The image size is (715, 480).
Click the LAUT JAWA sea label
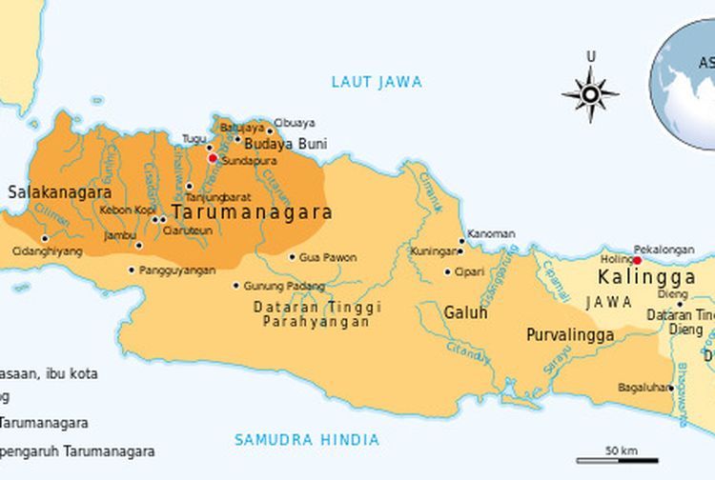tap(376, 82)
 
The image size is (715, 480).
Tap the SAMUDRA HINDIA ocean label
tap(307, 440)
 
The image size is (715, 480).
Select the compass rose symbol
tap(590, 94)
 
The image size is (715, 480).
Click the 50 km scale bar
tap(621, 457)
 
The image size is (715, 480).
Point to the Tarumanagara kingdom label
tap(252, 212)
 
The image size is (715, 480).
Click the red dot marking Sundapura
tap(213, 158)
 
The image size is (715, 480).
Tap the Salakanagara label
tap(53, 192)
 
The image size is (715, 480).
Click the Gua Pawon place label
tap(328, 257)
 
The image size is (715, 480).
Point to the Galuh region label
tap(465, 312)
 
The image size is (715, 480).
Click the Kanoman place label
tap(492, 234)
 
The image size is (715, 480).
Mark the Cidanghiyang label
tap(47, 251)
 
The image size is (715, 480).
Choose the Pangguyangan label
tap(177, 270)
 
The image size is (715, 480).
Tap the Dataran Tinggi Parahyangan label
tap(317, 315)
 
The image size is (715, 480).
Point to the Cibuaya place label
tap(295, 123)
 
